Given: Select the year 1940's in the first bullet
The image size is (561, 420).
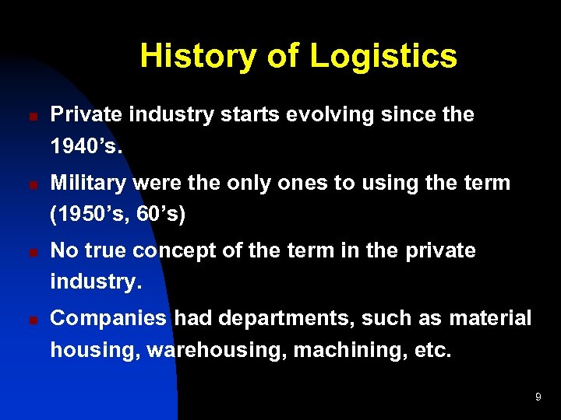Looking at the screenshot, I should pos(86,145).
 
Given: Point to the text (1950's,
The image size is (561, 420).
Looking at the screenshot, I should pos(90,214).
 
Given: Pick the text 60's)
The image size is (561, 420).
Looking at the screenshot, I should pos(161,214).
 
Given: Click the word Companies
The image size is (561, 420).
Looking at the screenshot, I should pos(108,318).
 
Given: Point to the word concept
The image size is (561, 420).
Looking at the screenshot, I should pos(182,251).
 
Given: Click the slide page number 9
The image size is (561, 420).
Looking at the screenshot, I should pos(538,397).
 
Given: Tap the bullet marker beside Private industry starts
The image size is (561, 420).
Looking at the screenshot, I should pos(23,116).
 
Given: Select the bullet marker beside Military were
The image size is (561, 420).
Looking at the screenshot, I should pos(23,184).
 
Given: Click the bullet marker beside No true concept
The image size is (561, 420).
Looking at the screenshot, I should pos(23,252).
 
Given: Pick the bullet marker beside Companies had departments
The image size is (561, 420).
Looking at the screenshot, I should pos(23,320).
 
